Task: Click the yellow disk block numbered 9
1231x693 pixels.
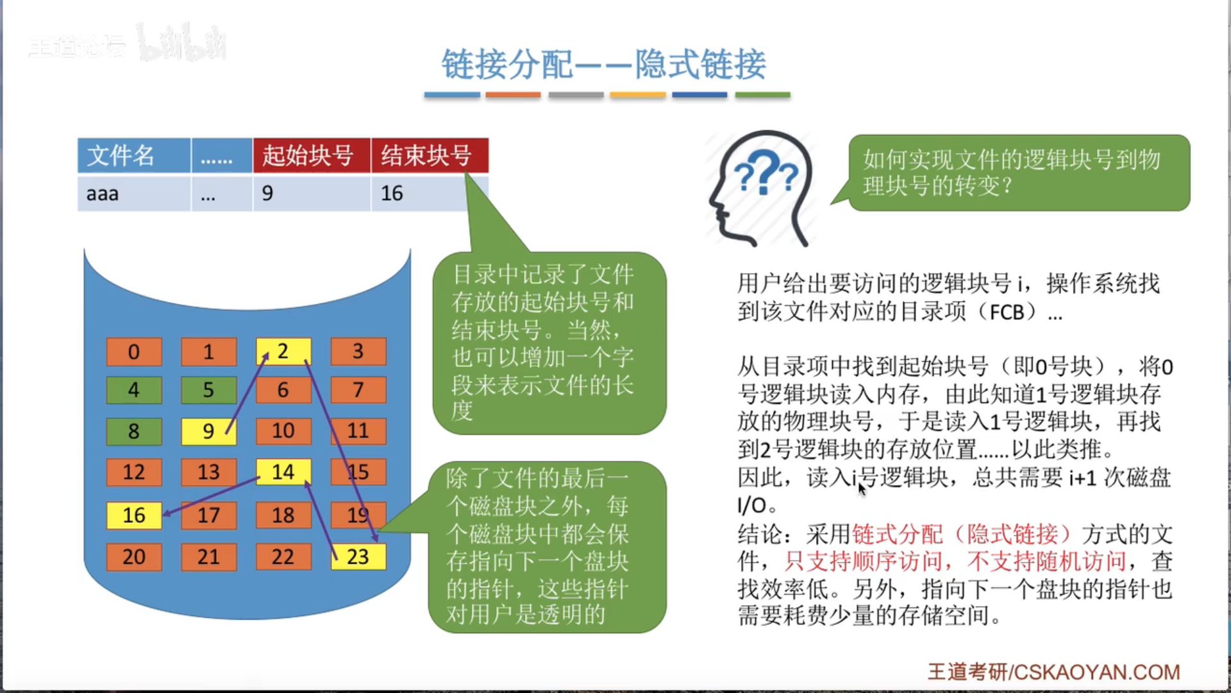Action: pyautogui.click(x=208, y=431)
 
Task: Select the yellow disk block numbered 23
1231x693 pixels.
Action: pyautogui.click(x=358, y=556)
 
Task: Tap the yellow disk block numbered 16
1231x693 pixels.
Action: pyautogui.click(x=134, y=515)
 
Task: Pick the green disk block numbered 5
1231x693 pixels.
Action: pyautogui.click(x=208, y=390)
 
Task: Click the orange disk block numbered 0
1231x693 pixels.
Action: pyautogui.click(x=134, y=352)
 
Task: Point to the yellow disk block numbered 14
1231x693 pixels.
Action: pyautogui.click(x=283, y=472)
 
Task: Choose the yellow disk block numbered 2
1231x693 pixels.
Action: pyautogui.click(x=283, y=352)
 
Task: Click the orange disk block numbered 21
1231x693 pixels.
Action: pyautogui.click(x=208, y=556)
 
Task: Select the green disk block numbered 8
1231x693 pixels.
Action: pyautogui.click(x=134, y=431)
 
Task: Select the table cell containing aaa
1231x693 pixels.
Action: pyautogui.click(x=133, y=193)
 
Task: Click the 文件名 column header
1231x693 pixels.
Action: pyautogui.click(x=133, y=155)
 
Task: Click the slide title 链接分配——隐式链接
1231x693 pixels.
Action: pyautogui.click(x=603, y=64)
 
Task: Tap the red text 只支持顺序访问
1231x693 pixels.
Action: pyautogui.click(x=863, y=561)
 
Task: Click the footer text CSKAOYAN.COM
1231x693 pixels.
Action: pyautogui.click(x=1096, y=672)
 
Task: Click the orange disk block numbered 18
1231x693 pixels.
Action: pyautogui.click(x=283, y=515)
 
